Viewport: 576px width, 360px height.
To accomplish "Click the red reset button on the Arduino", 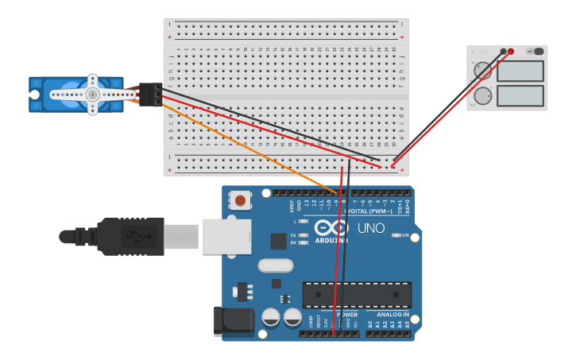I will (x=240, y=200).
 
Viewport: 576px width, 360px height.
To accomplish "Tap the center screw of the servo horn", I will (x=93, y=94).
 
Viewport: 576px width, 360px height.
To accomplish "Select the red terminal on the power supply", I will (x=511, y=52).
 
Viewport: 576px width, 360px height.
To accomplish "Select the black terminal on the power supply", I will (x=503, y=52).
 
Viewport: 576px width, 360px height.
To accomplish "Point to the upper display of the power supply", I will (x=520, y=72).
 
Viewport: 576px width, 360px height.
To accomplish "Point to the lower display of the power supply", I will (x=520, y=96).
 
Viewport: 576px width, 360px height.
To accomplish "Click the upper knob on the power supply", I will (x=482, y=71).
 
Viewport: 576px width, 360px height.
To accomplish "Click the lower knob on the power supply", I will (x=482, y=96).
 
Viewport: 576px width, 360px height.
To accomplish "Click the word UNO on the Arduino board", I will (x=370, y=228).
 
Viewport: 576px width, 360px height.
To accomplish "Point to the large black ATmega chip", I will (x=357, y=294).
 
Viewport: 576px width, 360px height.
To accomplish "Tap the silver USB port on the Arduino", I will (x=226, y=236).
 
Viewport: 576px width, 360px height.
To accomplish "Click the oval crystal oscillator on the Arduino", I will (x=276, y=265).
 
